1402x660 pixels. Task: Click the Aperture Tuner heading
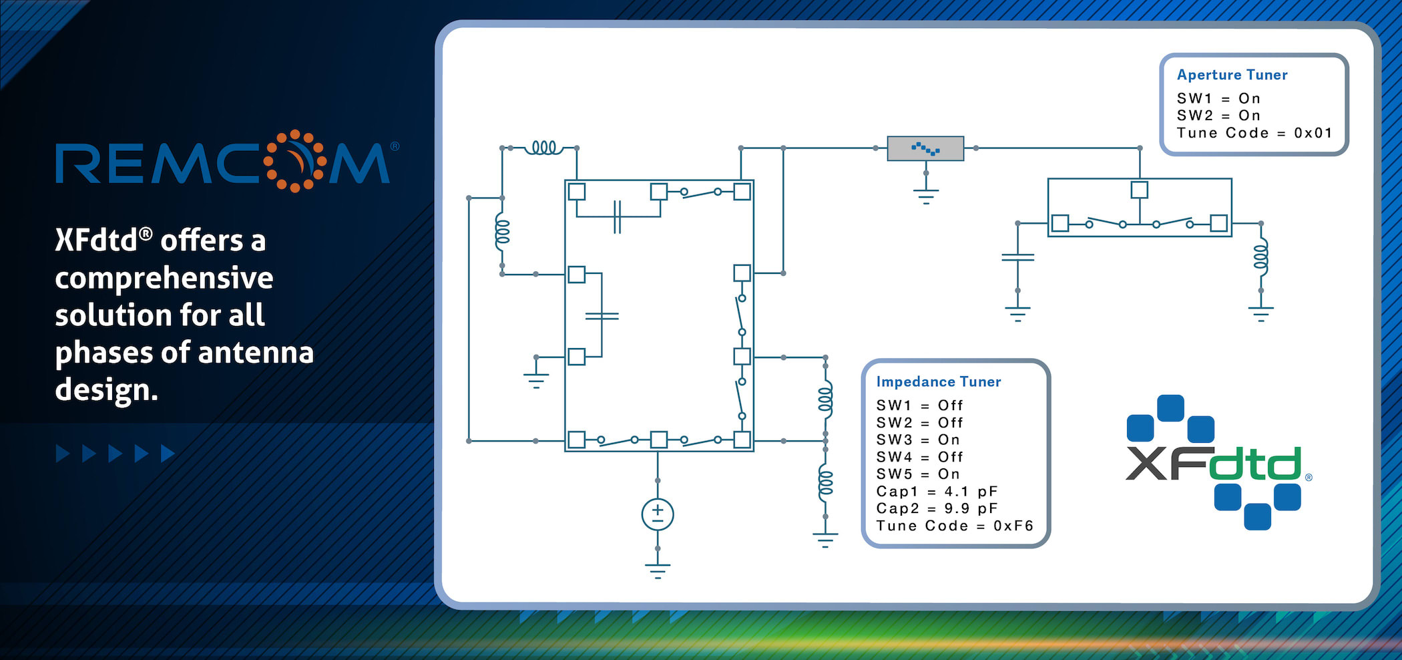[1232, 75]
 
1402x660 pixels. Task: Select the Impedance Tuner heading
[938, 381]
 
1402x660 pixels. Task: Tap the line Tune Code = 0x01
[1254, 133]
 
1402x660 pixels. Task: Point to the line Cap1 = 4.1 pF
[937, 492]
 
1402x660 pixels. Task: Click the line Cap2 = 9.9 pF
[937, 508]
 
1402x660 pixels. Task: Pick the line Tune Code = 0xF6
[955, 526]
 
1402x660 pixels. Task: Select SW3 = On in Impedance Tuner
[918, 440]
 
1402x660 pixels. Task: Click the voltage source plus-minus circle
[658, 514]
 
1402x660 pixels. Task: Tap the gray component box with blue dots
[925, 148]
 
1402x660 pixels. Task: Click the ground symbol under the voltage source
[658, 570]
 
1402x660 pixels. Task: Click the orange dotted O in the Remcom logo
[294, 161]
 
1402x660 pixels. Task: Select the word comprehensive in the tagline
[164, 278]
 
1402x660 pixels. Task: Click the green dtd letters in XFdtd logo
[1255, 464]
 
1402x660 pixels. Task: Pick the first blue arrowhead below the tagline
[63, 454]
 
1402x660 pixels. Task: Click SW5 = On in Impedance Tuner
[918, 474]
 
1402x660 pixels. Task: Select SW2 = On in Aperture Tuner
[1218, 116]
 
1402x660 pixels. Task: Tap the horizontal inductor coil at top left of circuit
[543, 148]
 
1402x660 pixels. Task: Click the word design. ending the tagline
[107, 389]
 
